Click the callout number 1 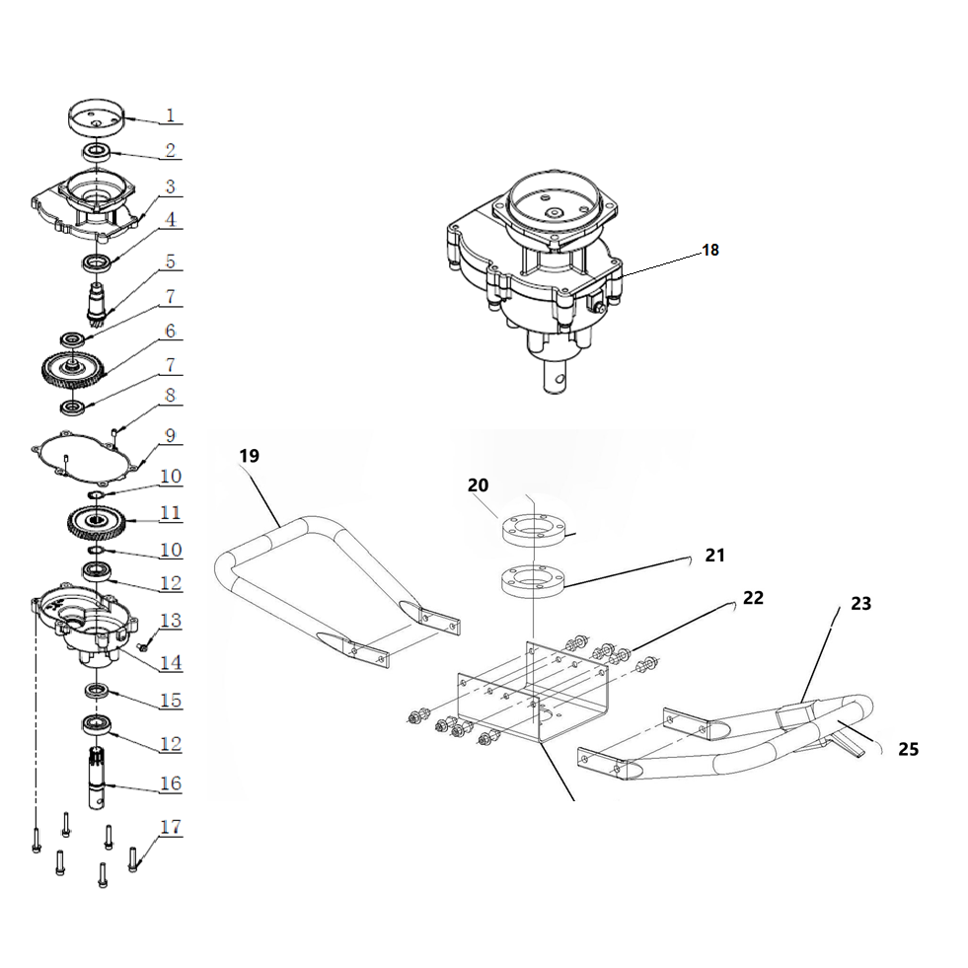coord(170,115)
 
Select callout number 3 coord(170,186)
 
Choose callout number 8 coord(170,395)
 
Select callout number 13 coord(171,620)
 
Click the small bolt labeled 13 coord(144,647)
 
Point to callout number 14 coord(171,661)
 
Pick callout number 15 coord(171,701)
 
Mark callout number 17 coord(170,827)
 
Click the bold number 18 coord(710,250)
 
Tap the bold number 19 coord(249,455)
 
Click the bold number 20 coord(479,485)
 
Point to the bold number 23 coord(861,603)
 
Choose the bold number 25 coord(908,749)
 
